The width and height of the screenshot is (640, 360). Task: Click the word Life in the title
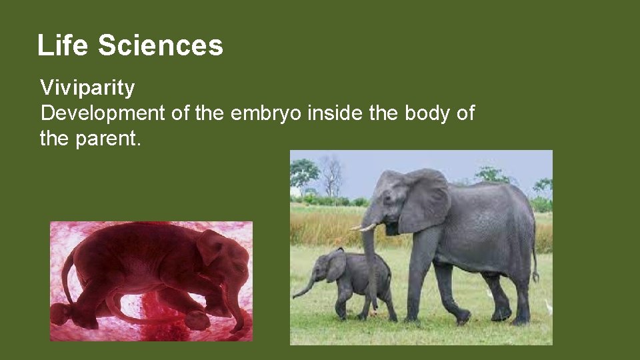[x=63, y=45]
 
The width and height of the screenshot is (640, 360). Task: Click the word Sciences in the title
[x=161, y=45]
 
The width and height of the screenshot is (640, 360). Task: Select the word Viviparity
[x=87, y=87]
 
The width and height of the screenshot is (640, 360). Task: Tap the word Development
[x=102, y=113]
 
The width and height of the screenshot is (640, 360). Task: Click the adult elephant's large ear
[x=424, y=200]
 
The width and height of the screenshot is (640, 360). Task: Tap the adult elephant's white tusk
[x=363, y=227]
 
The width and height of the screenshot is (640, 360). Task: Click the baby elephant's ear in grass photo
[x=336, y=267]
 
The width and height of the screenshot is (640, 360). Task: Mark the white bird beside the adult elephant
[x=548, y=307]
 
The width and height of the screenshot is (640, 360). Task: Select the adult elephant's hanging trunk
[x=369, y=267]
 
